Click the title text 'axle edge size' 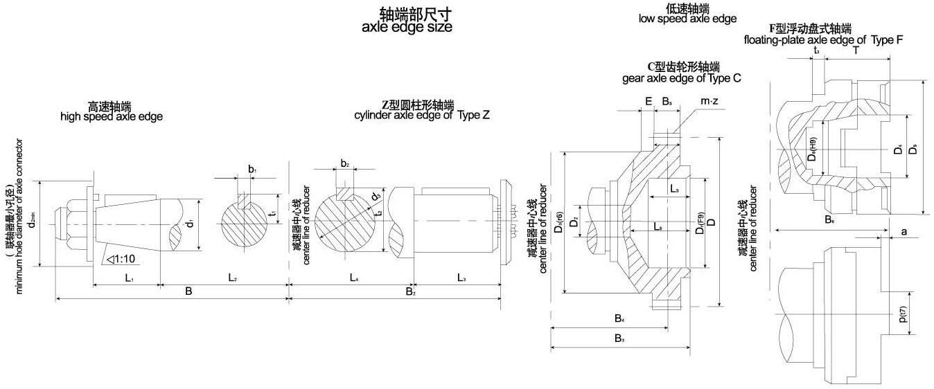[407, 28]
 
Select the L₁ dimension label [129, 277]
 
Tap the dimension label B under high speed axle [188, 291]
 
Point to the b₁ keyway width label [252, 170]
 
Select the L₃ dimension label [461, 277]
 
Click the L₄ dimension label [353, 277]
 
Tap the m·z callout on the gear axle [709, 102]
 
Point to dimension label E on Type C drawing [648, 102]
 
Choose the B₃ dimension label [619, 338]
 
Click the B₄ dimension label [619, 318]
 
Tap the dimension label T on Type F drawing [856, 51]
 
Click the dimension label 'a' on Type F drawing [904, 232]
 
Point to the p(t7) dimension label [904, 314]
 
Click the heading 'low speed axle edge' [687, 19]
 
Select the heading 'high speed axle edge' [112, 116]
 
